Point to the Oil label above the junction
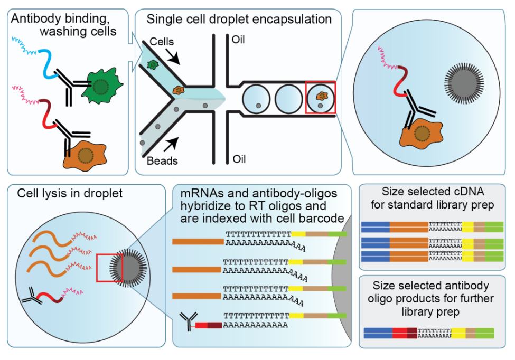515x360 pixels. [238, 40]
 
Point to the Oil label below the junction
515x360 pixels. [238, 158]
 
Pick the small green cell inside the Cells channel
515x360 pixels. [153, 64]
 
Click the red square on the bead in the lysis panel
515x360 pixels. [109, 267]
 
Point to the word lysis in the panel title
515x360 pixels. [58, 193]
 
